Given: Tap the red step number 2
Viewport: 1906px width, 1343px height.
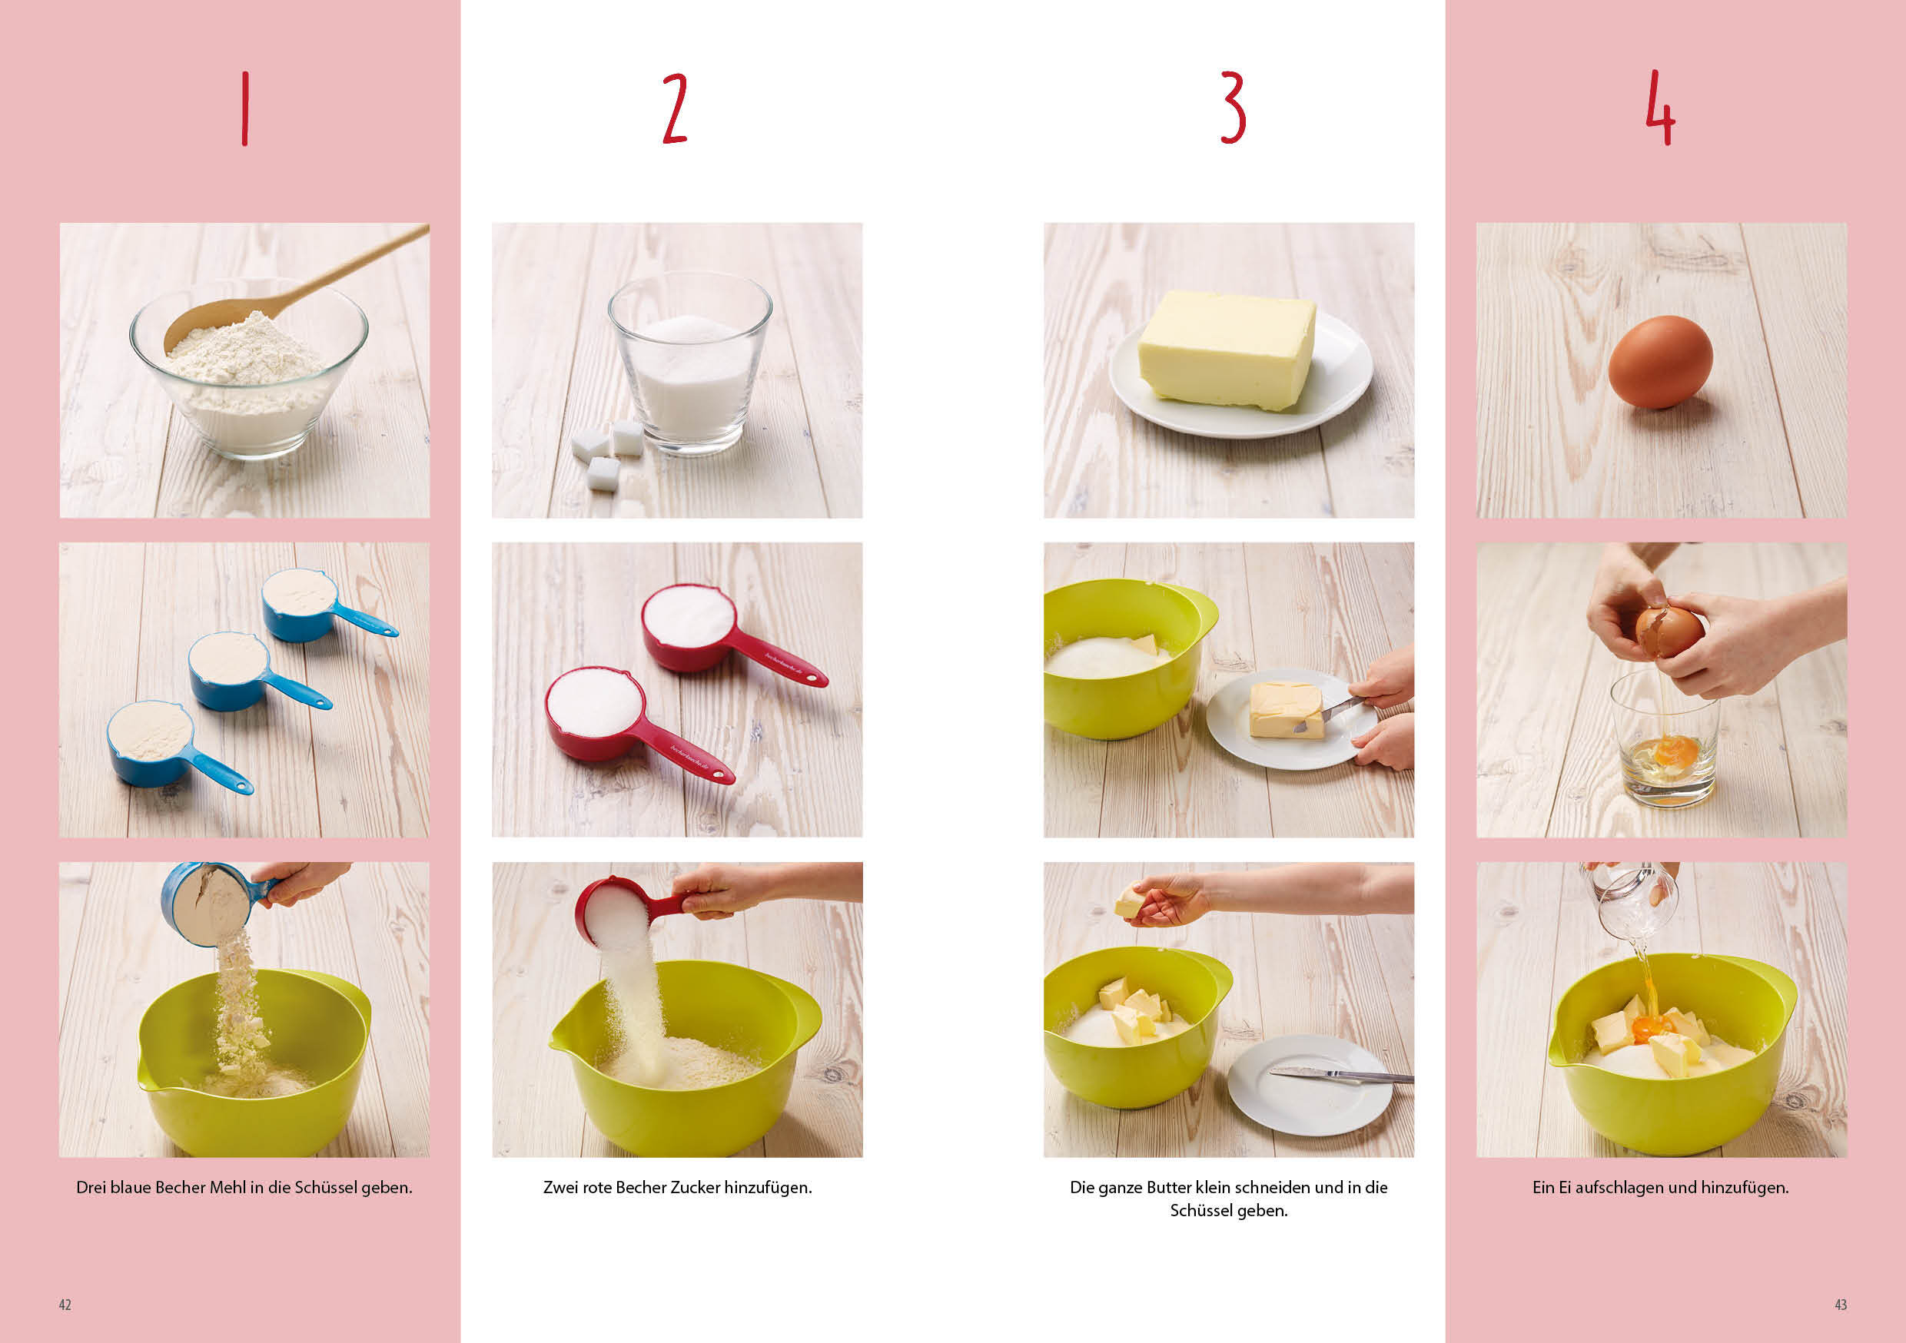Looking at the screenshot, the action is click(675, 108).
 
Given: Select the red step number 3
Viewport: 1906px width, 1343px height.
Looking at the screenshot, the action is click(1233, 108).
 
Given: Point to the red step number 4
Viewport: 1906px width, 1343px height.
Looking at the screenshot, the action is click(1660, 108).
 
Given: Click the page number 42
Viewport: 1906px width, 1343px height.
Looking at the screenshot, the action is click(65, 1305).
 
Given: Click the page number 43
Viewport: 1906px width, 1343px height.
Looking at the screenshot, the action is click(1841, 1305).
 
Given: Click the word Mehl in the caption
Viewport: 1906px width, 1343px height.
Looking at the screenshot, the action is click(227, 1188).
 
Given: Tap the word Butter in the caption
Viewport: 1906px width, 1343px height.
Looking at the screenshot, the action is click(1169, 1188).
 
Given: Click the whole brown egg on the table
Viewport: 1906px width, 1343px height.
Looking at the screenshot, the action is click(1660, 362).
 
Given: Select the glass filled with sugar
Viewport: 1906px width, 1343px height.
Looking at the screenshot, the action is click(690, 363).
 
